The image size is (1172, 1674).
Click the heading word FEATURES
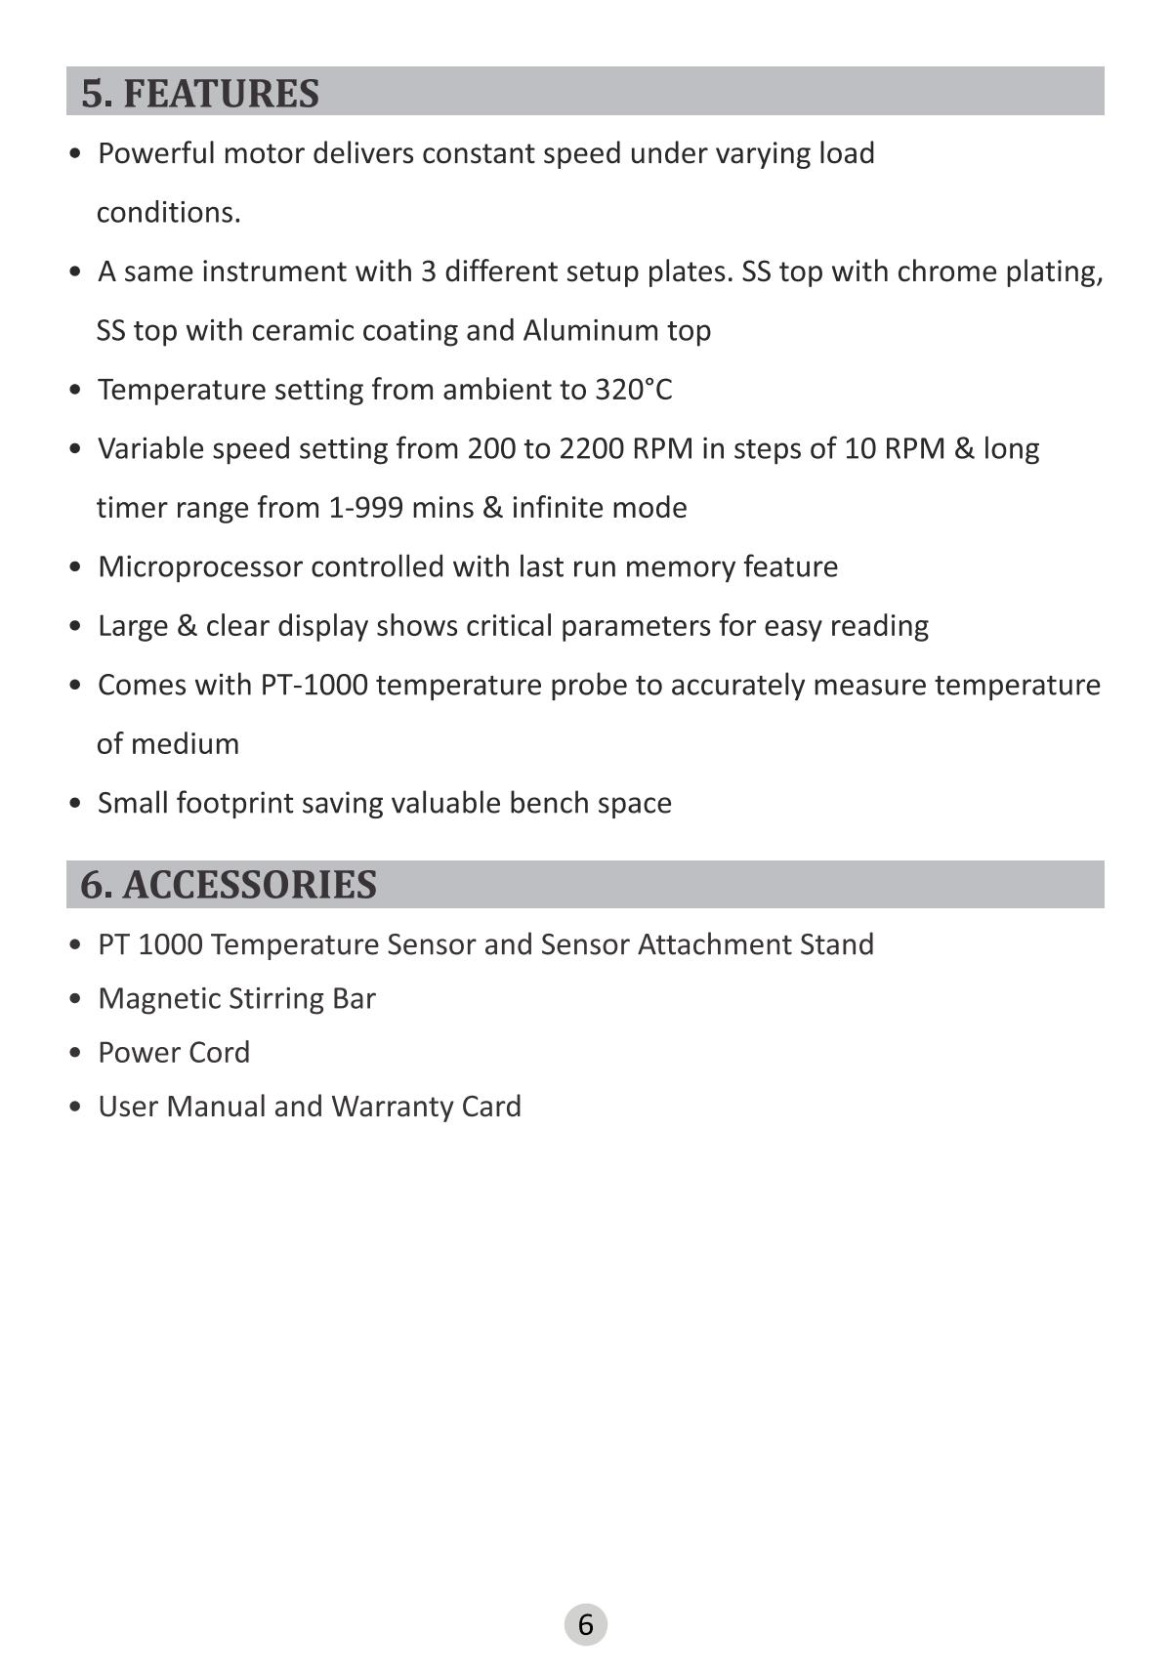(221, 94)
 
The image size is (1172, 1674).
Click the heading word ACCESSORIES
(249, 885)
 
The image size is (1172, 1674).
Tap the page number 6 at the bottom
(586, 1624)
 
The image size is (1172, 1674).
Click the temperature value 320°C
(634, 390)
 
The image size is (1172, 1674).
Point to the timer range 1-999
(366, 508)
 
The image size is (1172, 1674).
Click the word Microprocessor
(199, 567)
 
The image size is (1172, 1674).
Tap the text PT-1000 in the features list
(314, 686)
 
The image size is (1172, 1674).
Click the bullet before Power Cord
(75, 1054)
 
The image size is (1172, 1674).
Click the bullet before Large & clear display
(75, 627)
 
